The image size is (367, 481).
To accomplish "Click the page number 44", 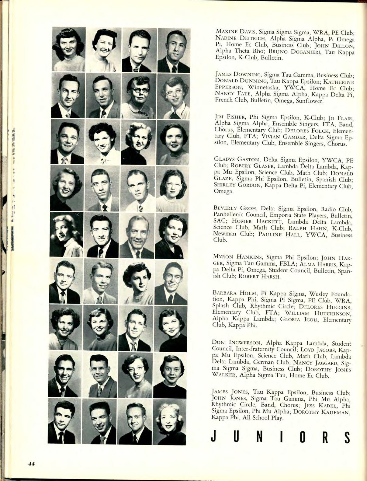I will tap(31, 464).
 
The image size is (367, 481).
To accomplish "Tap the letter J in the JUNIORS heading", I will tap(213, 437).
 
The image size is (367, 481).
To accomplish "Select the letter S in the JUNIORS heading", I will tap(347, 437).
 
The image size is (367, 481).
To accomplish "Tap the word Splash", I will tap(221, 306).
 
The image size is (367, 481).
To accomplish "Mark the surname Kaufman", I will tap(336, 412).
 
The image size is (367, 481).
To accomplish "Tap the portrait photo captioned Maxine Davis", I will tap(68, 49).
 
